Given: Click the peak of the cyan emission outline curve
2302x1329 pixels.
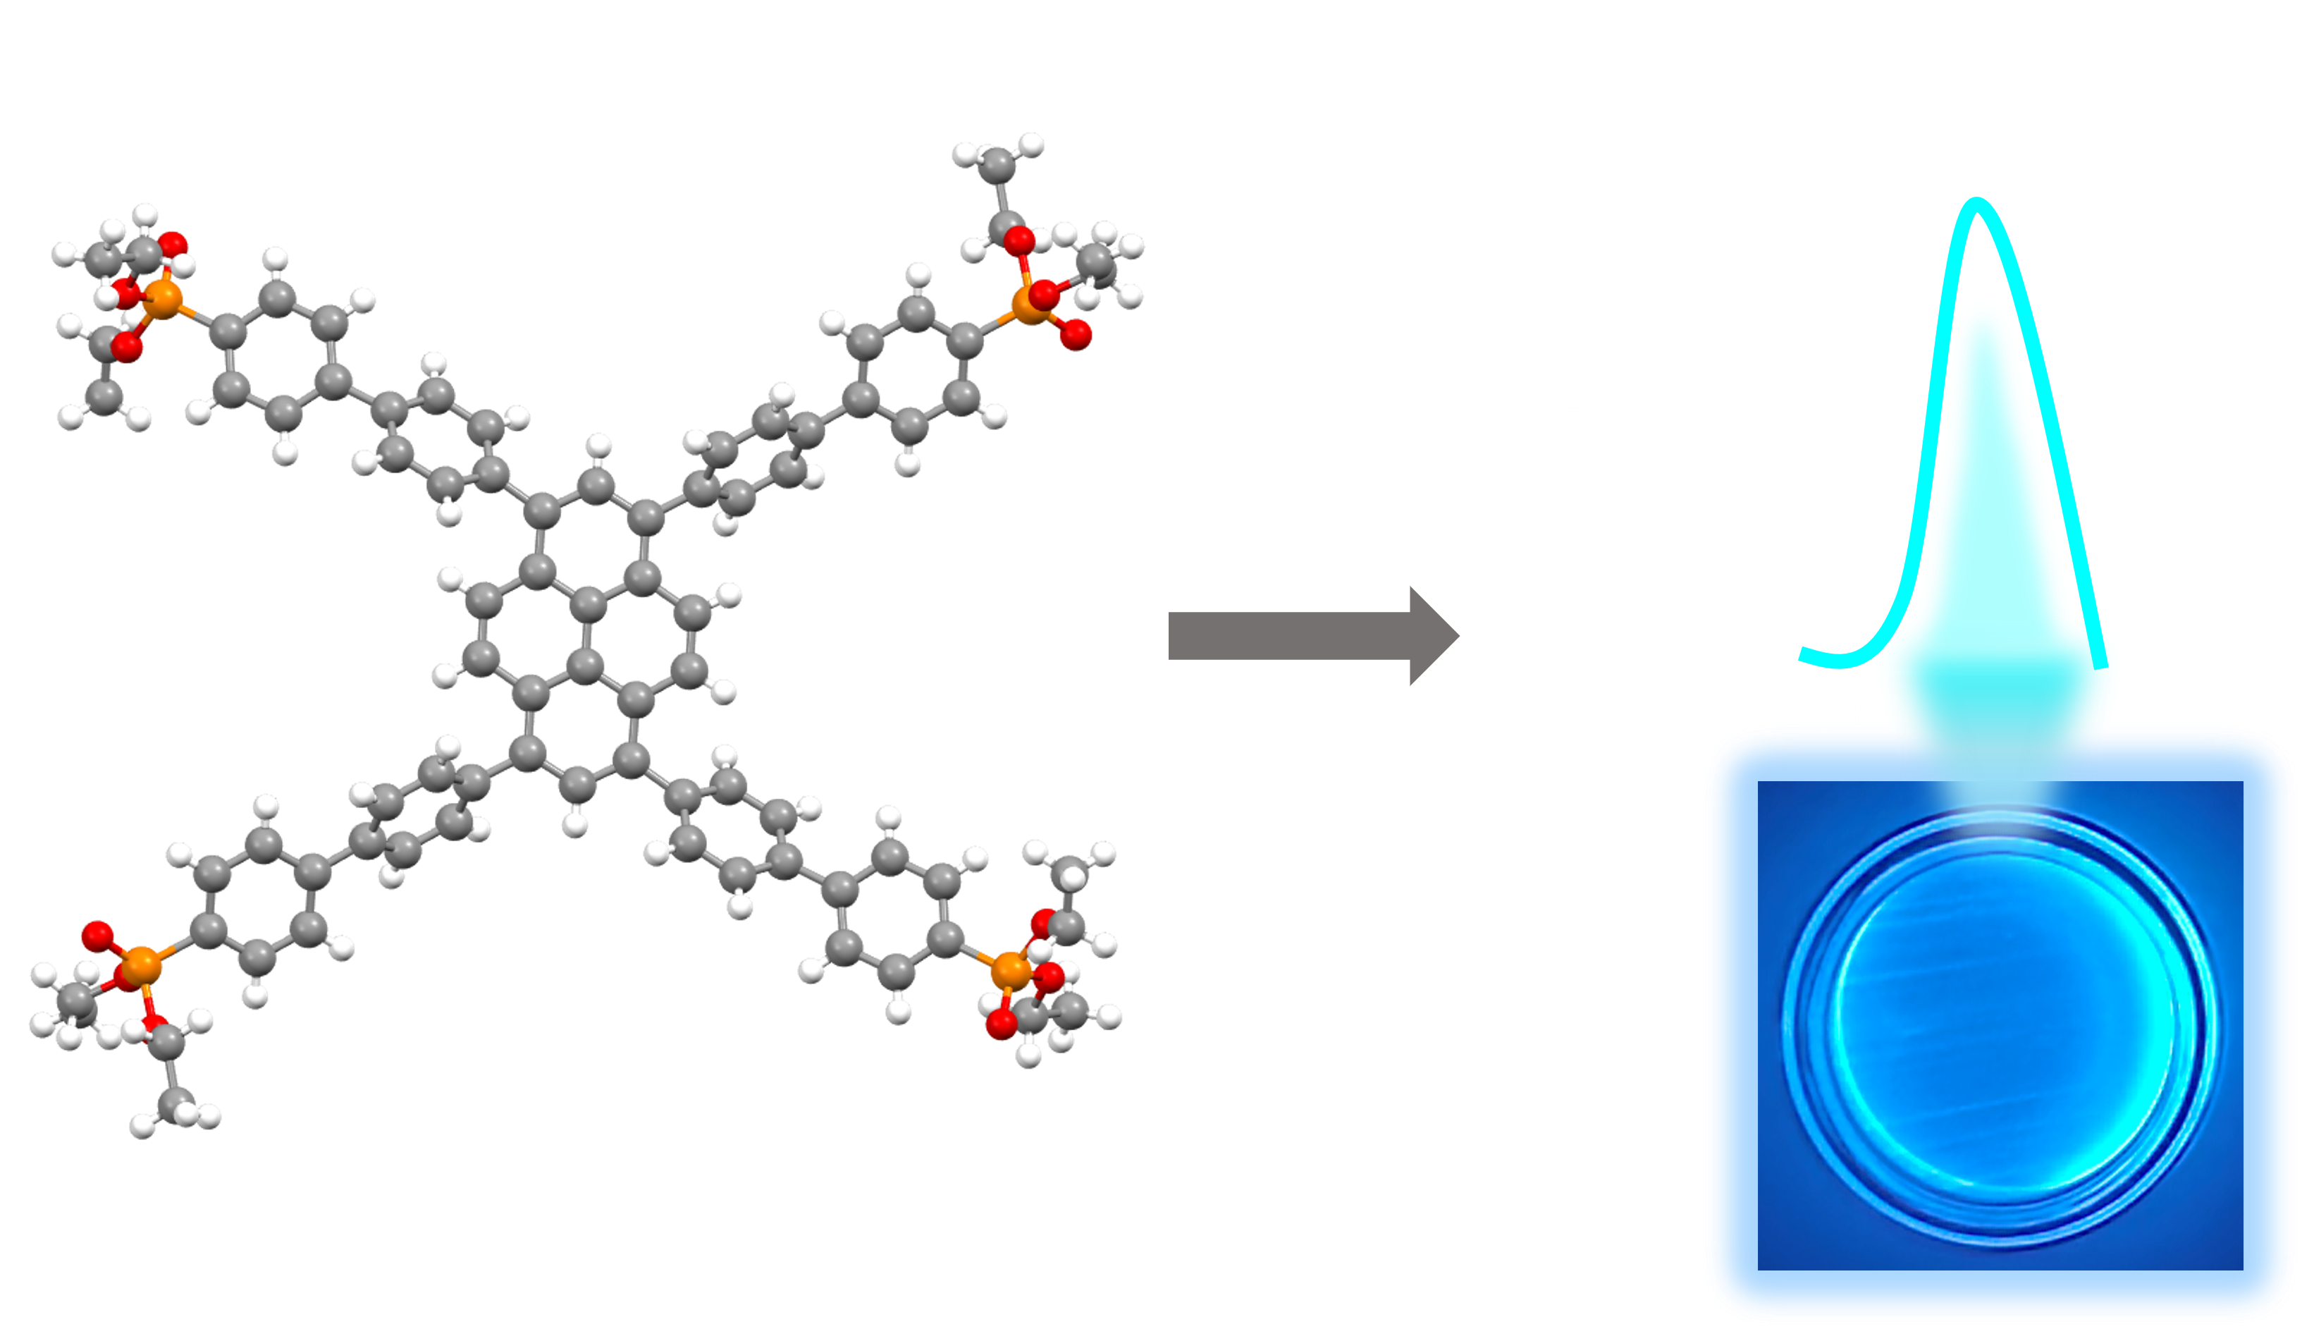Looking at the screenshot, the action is click(1977, 202).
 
